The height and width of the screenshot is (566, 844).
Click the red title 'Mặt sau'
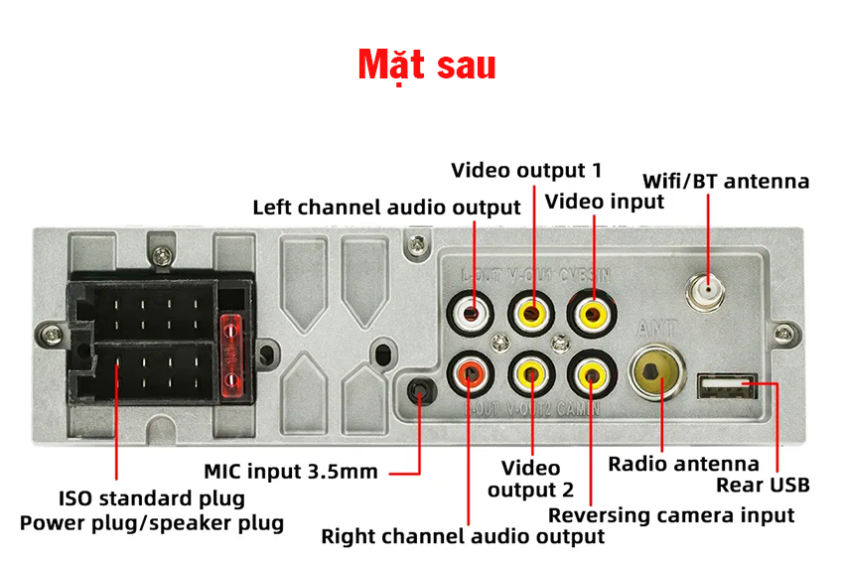(427, 65)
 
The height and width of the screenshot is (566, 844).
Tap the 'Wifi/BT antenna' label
(726, 182)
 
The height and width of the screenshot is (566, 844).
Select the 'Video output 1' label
(526, 171)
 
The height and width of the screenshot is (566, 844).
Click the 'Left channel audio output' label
(386, 208)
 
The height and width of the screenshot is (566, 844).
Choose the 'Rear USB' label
(763, 486)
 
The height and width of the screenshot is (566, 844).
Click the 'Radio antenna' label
(683, 464)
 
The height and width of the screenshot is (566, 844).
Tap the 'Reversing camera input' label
(671, 515)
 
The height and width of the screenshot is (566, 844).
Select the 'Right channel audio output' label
(463, 537)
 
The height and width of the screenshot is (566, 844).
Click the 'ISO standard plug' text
(151, 498)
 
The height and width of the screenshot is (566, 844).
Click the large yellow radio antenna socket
(655, 373)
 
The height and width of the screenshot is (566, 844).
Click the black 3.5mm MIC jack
(421, 392)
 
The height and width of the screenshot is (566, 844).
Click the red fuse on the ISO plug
(231, 354)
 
